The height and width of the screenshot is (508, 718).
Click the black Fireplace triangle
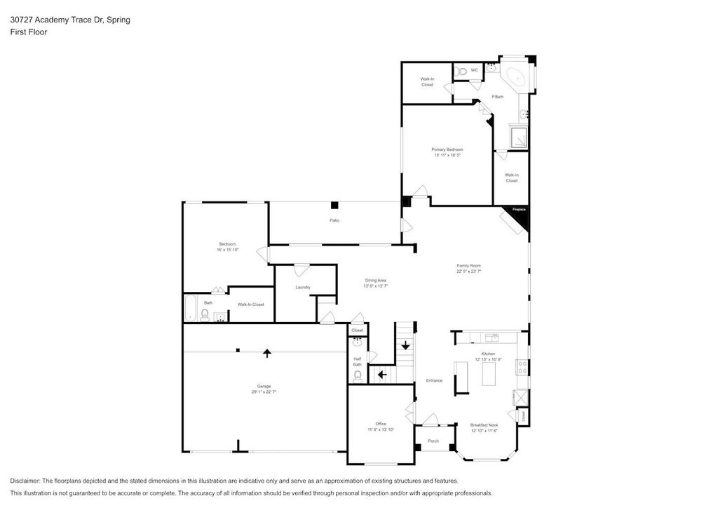pos(522,218)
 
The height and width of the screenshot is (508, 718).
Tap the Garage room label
pos(264,387)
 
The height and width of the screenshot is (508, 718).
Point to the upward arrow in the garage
pos(266,352)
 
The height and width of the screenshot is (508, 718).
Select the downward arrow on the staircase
pos(405,345)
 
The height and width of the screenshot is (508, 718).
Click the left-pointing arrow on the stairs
pos(381,375)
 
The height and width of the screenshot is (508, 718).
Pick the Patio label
pos(335,221)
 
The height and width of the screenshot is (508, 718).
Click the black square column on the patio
pos(335,205)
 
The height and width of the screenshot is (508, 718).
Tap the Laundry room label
pos(303,287)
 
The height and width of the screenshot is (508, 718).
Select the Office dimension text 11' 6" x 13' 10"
pos(381,429)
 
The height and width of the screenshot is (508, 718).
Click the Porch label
pos(433,441)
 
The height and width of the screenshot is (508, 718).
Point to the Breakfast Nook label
pos(484,425)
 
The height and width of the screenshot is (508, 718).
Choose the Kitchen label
pos(488,354)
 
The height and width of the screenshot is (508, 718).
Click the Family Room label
pos(468,265)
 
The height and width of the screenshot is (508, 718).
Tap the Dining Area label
pos(375,280)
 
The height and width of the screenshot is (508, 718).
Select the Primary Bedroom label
pos(447,149)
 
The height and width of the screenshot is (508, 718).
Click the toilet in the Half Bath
pos(358,376)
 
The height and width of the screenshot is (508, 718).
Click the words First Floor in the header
pos(29,32)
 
